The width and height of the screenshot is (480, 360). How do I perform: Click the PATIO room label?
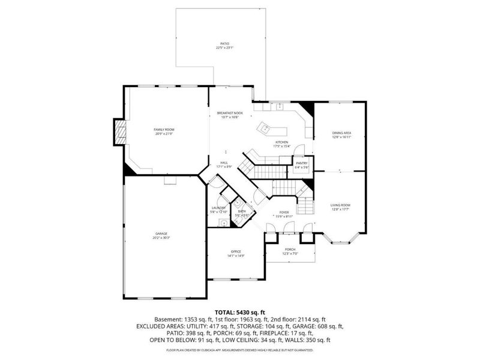224,44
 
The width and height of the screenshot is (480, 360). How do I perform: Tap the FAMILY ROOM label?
164,130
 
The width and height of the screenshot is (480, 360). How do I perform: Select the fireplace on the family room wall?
121,132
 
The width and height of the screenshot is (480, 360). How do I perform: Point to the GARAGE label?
161,233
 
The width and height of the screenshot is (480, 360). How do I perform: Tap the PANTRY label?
301,163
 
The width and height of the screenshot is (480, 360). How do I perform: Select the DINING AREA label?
341,133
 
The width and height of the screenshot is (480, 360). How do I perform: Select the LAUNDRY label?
218,208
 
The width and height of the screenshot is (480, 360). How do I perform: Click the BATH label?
242,211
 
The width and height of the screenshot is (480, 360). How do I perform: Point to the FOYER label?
284,212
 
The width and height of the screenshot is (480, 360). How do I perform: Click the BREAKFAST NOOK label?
230,113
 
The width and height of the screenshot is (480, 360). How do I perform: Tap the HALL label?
223,163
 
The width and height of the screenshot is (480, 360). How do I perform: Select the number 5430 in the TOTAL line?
242,311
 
